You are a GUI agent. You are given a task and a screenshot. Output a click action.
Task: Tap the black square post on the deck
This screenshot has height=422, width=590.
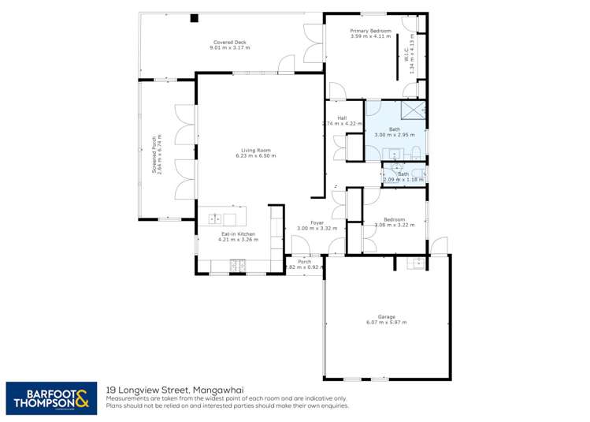point(194,18)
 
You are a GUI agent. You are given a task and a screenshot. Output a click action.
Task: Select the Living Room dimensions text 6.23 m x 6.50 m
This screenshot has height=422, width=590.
point(255,155)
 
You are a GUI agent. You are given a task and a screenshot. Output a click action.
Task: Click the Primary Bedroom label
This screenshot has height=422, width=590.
point(370,31)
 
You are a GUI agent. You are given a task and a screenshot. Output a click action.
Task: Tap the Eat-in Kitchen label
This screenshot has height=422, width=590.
point(237,233)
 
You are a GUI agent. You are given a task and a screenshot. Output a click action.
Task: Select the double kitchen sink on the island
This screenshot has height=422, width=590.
point(214,219)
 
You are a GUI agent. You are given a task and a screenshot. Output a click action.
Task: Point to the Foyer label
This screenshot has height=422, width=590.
point(317,223)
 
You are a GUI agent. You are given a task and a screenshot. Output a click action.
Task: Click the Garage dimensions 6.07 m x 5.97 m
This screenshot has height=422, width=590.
point(386,322)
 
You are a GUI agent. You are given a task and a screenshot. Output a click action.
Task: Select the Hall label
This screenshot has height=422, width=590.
point(343,118)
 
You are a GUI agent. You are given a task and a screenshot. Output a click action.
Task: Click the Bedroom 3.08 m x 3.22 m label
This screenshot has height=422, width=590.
point(394,222)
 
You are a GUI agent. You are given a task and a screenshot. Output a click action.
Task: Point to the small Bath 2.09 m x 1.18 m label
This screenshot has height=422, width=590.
point(403,177)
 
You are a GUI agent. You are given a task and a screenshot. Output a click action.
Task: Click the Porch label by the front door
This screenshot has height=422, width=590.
point(315,262)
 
